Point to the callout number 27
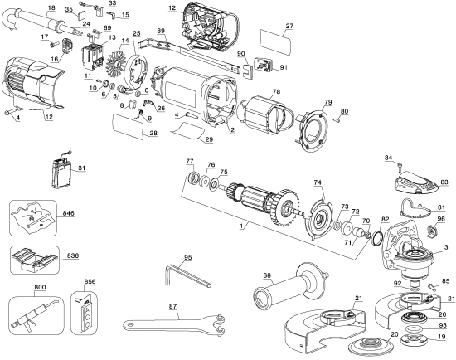pyautogui.click(x=289, y=26)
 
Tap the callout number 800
pyautogui.click(x=17, y=287)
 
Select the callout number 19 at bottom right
pyautogui.click(x=441, y=338)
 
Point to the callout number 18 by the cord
pyautogui.click(x=51, y=7)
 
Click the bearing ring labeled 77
pyautogui.click(x=193, y=178)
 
